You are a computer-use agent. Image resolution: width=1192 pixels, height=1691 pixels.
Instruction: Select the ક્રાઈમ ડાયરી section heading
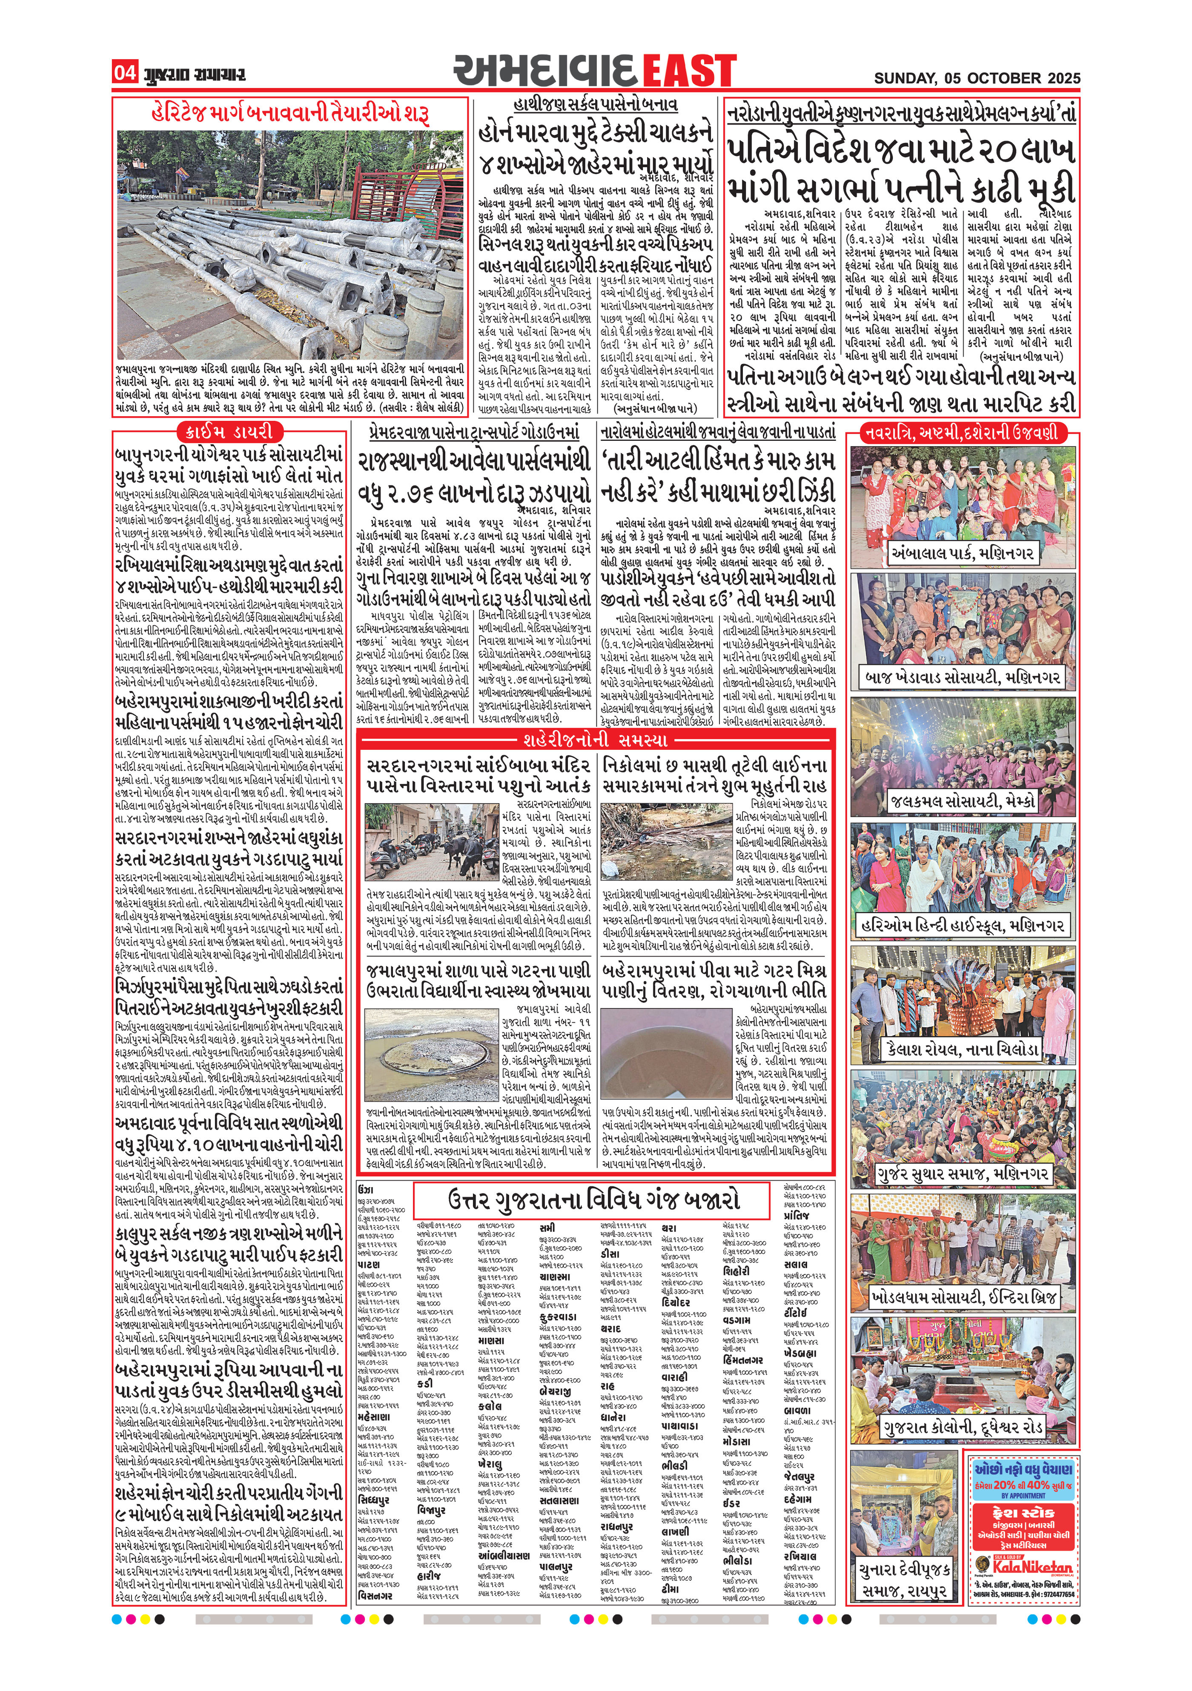click(228, 431)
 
